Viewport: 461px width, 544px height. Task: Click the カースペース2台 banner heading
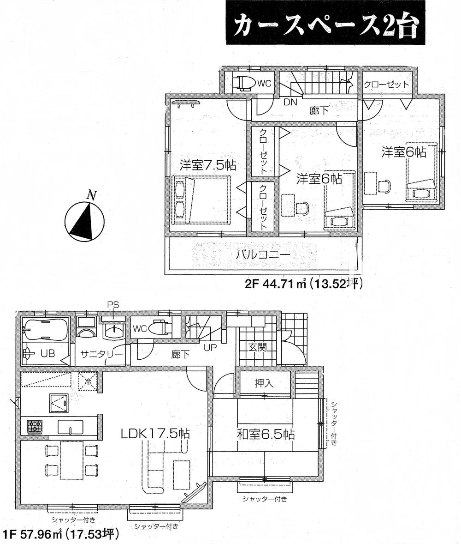pyautogui.click(x=325, y=27)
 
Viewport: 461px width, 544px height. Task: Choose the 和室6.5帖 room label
pyautogui.click(x=266, y=435)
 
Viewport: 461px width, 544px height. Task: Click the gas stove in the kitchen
pyautogui.click(x=35, y=426)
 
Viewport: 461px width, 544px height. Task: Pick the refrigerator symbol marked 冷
pyautogui.click(x=88, y=382)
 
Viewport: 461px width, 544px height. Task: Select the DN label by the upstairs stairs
pyautogui.click(x=290, y=102)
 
